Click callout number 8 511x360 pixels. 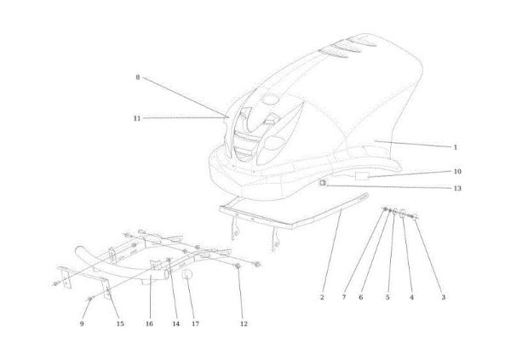click(x=137, y=77)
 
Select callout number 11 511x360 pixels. click(x=137, y=118)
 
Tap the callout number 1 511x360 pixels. click(x=456, y=147)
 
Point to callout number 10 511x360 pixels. click(x=457, y=171)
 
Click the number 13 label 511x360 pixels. click(x=457, y=188)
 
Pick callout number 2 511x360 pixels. click(x=322, y=297)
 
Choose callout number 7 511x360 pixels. click(x=344, y=297)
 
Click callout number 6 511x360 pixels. click(x=361, y=297)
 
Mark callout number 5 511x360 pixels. click(x=388, y=297)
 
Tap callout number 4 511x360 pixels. click(x=411, y=297)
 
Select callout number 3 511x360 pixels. click(x=443, y=297)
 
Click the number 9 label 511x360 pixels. click(x=82, y=323)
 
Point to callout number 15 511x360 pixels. click(x=120, y=323)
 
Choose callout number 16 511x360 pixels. click(x=149, y=323)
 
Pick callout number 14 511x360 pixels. click(x=175, y=323)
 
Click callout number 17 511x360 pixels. click(x=195, y=323)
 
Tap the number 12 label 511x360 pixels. click(x=244, y=323)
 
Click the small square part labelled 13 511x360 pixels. click(x=323, y=183)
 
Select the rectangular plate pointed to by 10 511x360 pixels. click(x=361, y=176)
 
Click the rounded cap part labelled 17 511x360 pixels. click(x=187, y=274)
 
